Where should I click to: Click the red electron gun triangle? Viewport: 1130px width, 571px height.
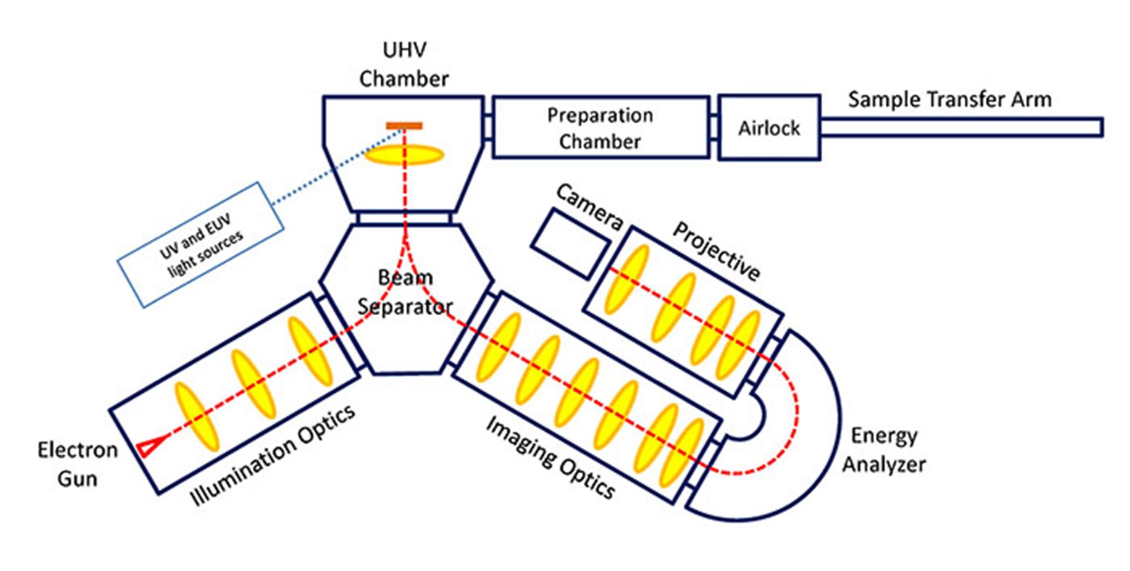[148, 447]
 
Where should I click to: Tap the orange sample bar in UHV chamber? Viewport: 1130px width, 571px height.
[404, 125]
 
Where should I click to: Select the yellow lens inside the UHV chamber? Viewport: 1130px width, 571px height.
[404, 155]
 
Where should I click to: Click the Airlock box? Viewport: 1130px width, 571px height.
[769, 128]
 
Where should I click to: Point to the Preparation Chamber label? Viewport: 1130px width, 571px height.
[600, 128]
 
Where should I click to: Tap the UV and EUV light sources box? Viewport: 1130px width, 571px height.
[201, 245]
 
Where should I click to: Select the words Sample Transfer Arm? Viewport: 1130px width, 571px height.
[949, 99]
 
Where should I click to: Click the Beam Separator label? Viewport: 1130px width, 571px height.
[405, 292]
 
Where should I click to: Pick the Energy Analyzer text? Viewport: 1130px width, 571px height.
[883, 450]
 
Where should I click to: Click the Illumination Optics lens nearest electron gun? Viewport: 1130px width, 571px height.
[197, 416]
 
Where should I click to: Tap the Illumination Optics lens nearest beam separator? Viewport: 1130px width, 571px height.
[310, 351]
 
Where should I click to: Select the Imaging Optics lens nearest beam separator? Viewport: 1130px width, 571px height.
[498, 347]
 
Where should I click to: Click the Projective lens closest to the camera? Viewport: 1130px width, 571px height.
[627, 279]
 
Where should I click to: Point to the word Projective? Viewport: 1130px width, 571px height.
[716, 251]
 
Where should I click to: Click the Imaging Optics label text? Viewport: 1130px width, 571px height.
[550, 457]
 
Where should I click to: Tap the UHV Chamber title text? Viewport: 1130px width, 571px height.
[404, 64]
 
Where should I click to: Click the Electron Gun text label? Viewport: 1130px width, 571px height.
[77, 464]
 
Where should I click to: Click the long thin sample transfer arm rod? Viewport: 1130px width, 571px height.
[961, 127]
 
